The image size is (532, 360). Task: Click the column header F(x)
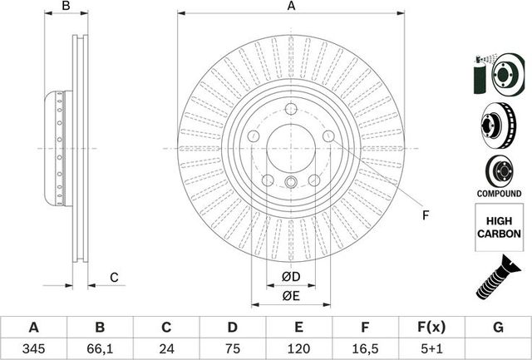[x=432, y=327]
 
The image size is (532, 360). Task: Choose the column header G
[x=499, y=327]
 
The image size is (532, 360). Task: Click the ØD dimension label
[x=291, y=276]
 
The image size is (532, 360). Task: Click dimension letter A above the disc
[x=291, y=7]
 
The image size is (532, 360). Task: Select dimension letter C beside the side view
[x=115, y=277]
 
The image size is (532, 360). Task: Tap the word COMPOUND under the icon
[x=499, y=193]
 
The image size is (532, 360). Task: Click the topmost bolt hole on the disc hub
[x=291, y=109]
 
